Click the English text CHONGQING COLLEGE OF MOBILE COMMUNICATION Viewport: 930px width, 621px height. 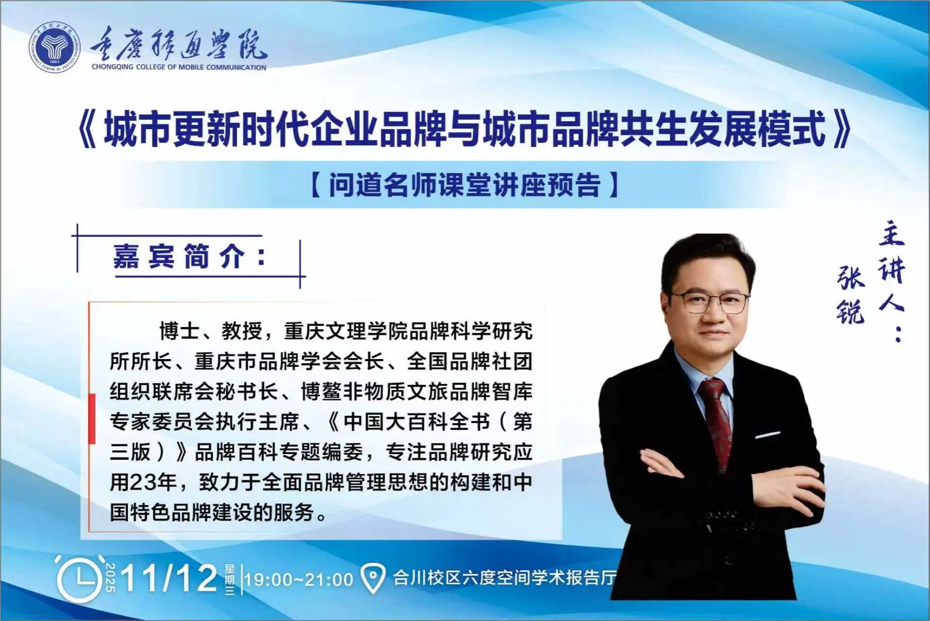click(x=179, y=67)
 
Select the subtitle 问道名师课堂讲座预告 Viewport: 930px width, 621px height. click(x=465, y=184)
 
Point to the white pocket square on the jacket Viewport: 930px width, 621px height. click(x=768, y=434)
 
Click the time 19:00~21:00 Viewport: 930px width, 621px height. click(x=299, y=579)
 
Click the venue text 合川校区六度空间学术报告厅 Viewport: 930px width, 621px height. click(x=504, y=577)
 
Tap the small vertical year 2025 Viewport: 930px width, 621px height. click(x=111, y=578)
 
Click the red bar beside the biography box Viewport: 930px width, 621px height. click(x=92, y=419)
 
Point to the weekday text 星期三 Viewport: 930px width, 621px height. click(x=229, y=579)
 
